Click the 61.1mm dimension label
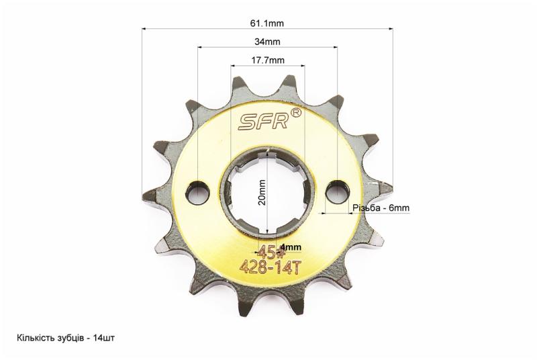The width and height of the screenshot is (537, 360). tap(267, 24)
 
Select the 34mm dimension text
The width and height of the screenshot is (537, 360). tap(267, 42)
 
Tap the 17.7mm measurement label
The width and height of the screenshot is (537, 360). tap(268, 60)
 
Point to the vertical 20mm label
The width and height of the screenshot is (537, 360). tap(262, 192)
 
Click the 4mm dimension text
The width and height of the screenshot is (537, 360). tap(291, 247)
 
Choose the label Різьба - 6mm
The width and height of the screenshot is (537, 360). tap(381, 208)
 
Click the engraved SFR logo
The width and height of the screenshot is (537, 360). tap(263, 122)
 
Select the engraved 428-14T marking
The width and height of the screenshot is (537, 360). tap(271, 267)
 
